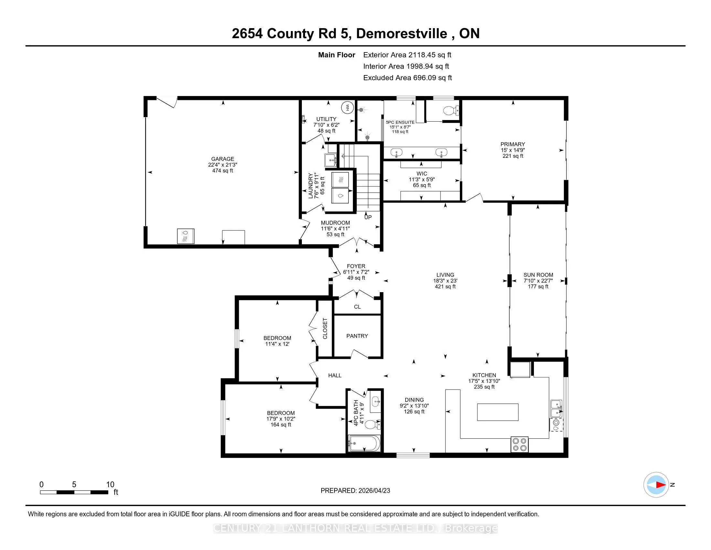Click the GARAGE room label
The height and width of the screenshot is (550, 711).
(x=223, y=159)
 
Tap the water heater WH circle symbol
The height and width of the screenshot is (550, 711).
(x=347, y=107)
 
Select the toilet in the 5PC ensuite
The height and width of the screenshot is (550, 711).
(x=451, y=110)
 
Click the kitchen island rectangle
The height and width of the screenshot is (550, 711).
(x=498, y=412)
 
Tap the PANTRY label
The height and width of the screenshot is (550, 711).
(x=357, y=336)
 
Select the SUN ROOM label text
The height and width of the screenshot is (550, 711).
(x=538, y=275)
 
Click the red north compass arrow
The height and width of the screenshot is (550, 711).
(x=661, y=485)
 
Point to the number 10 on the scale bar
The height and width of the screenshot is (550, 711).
(x=110, y=485)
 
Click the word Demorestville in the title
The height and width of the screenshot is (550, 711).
(x=402, y=34)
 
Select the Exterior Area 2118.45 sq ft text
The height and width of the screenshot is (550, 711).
(x=407, y=55)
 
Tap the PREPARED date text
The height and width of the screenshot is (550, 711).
(x=355, y=491)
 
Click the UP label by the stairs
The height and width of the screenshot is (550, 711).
(x=368, y=217)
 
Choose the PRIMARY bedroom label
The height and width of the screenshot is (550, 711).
(x=513, y=144)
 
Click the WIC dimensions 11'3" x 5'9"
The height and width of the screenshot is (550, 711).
(x=422, y=180)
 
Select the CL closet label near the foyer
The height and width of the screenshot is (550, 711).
(x=357, y=307)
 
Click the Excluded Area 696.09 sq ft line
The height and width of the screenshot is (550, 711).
(x=408, y=78)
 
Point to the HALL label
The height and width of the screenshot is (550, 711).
(x=335, y=375)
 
